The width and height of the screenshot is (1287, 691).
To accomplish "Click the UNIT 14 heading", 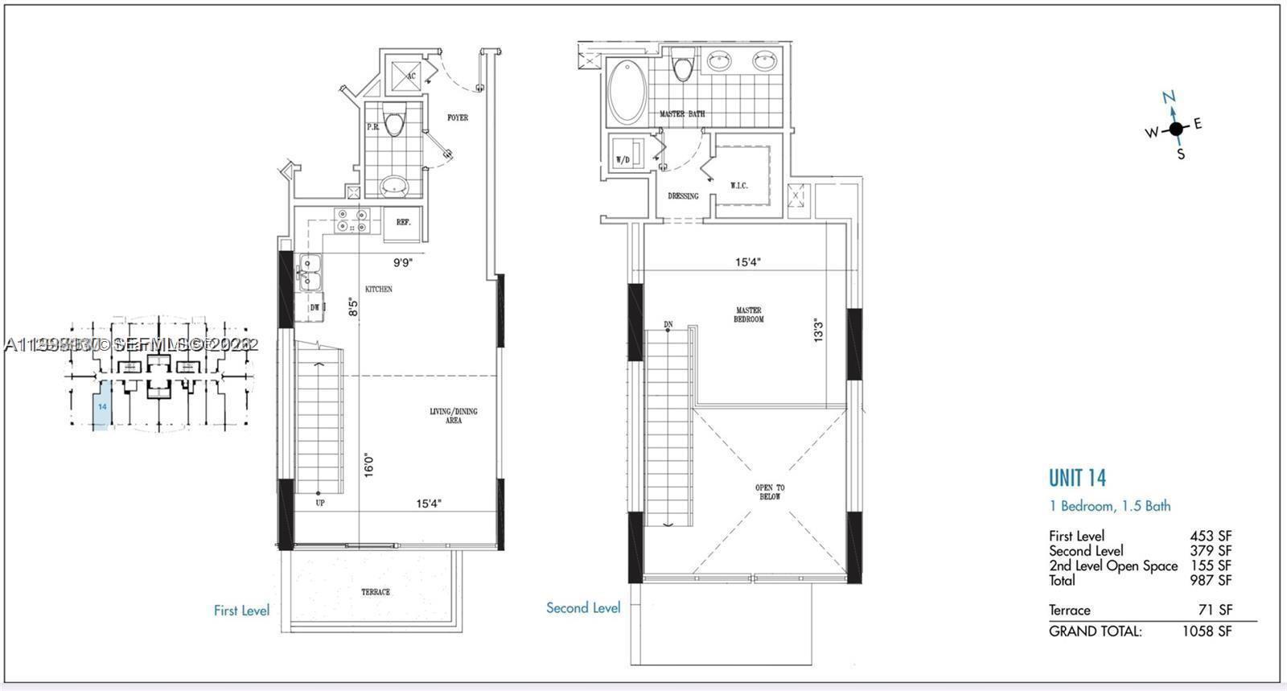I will pyautogui.click(x=1077, y=478).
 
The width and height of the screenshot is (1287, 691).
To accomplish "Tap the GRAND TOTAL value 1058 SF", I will pyautogui.click(x=1207, y=631).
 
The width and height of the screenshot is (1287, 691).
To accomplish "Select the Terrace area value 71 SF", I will pyautogui.click(x=1215, y=610).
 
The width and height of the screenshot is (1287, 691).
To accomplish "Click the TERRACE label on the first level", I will pyautogui.click(x=376, y=592).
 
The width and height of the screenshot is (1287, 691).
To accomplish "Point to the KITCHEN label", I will pyautogui.click(x=379, y=289).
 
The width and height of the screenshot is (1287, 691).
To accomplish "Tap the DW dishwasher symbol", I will pyautogui.click(x=314, y=307).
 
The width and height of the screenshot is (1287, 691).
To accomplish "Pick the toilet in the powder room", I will pyautogui.click(x=394, y=123).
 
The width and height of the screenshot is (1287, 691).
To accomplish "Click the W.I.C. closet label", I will pyautogui.click(x=738, y=186).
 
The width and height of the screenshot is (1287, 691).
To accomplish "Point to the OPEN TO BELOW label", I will pyautogui.click(x=769, y=492).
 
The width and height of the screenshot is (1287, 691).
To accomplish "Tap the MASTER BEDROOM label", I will pyautogui.click(x=748, y=315).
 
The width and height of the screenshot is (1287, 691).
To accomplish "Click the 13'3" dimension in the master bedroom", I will pyautogui.click(x=818, y=330).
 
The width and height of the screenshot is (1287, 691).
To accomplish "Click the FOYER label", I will pyautogui.click(x=458, y=117).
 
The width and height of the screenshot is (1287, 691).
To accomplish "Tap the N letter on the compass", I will pyautogui.click(x=1169, y=98).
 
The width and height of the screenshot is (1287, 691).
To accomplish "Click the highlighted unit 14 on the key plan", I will pyautogui.click(x=102, y=406).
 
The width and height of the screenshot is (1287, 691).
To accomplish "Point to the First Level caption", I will pyautogui.click(x=241, y=611).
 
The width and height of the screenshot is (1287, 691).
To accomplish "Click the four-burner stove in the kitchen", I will pyautogui.click(x=352, y=220).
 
